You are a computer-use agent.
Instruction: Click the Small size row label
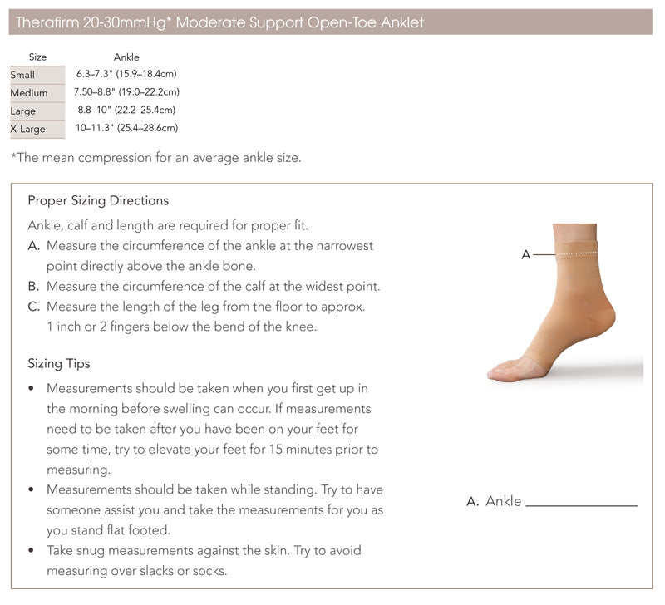22,75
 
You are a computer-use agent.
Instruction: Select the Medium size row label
29,92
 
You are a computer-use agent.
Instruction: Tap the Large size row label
23,111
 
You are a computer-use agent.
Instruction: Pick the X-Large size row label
27,129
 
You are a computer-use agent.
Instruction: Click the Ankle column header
126,57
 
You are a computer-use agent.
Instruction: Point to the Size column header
37,57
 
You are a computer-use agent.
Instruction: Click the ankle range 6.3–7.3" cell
126,75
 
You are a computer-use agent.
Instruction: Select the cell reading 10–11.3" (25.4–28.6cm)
126,128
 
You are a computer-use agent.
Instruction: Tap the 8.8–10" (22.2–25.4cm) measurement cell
126,110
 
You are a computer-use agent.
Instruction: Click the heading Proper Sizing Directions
98,200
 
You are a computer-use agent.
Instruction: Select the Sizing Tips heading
59,363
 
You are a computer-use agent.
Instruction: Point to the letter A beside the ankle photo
525,255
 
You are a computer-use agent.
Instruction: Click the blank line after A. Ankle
581,503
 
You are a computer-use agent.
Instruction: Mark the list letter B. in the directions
34,286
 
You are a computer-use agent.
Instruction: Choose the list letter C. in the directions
34,307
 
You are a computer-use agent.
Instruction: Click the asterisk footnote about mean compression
155,158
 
